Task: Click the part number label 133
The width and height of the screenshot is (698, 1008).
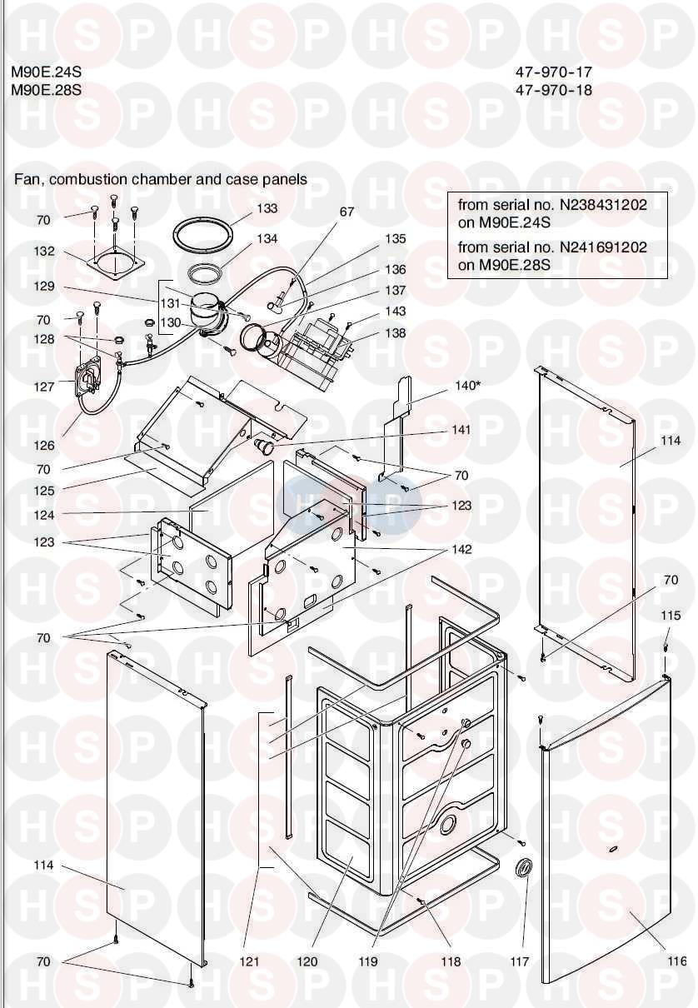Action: tap(267, 208)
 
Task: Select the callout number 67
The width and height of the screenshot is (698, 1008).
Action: tap(347, 212)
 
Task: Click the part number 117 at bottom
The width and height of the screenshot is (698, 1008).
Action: tap(520, 961)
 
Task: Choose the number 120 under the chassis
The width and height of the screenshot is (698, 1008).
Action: tap(307, 961)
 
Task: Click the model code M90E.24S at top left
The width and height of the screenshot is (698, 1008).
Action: tap(47, 72)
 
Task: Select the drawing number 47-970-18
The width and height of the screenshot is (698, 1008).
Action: tap(554, 90)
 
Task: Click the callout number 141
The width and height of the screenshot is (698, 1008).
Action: tap(461, 430)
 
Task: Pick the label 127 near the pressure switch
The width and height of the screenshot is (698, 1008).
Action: tap(44, 386)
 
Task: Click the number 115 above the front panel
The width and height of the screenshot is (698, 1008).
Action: tap(671, 616)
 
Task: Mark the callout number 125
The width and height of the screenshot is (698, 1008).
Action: tap(44, 492)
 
